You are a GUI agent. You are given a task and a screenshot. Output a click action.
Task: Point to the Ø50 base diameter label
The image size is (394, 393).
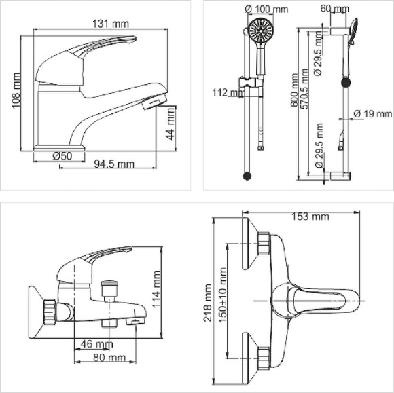tap(62, 155)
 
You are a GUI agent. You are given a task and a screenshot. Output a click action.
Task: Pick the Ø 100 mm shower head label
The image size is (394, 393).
tap(266, 10)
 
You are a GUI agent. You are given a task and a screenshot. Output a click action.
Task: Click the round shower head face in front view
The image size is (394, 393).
tap(259, 30)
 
